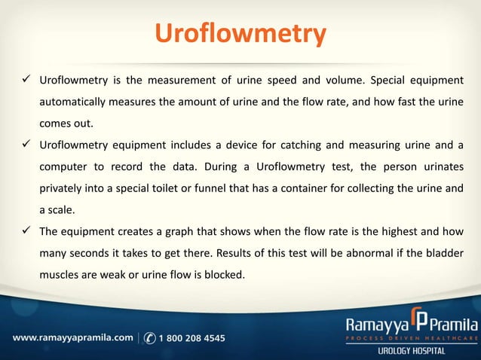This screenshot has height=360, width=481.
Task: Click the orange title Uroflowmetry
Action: coord(240,34)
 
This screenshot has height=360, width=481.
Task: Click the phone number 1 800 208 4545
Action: coord(192,338)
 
